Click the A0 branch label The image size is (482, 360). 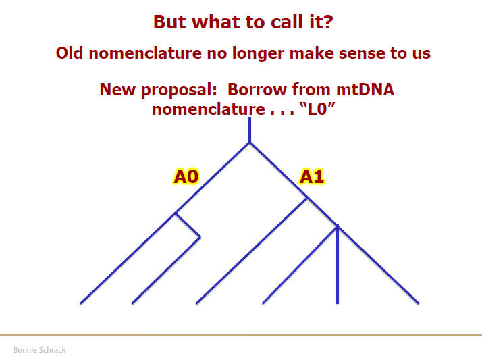coord(186,176)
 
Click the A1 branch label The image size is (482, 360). coord(312,176)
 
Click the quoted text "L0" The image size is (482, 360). coord(317,109)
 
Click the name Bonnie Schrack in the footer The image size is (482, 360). coord(39,350)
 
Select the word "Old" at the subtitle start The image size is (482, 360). coord(70,53)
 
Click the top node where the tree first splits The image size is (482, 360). coord(250,143)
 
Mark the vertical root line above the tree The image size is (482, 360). coord(250,130)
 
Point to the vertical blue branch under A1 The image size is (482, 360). coord(338,264)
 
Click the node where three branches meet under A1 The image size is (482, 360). coord(338,227)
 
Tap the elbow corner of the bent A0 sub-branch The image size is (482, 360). coord(200,237)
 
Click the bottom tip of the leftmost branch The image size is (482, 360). coord(80,303)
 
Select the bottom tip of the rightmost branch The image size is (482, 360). coord(419,303)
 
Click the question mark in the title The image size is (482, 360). coord(328,22)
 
